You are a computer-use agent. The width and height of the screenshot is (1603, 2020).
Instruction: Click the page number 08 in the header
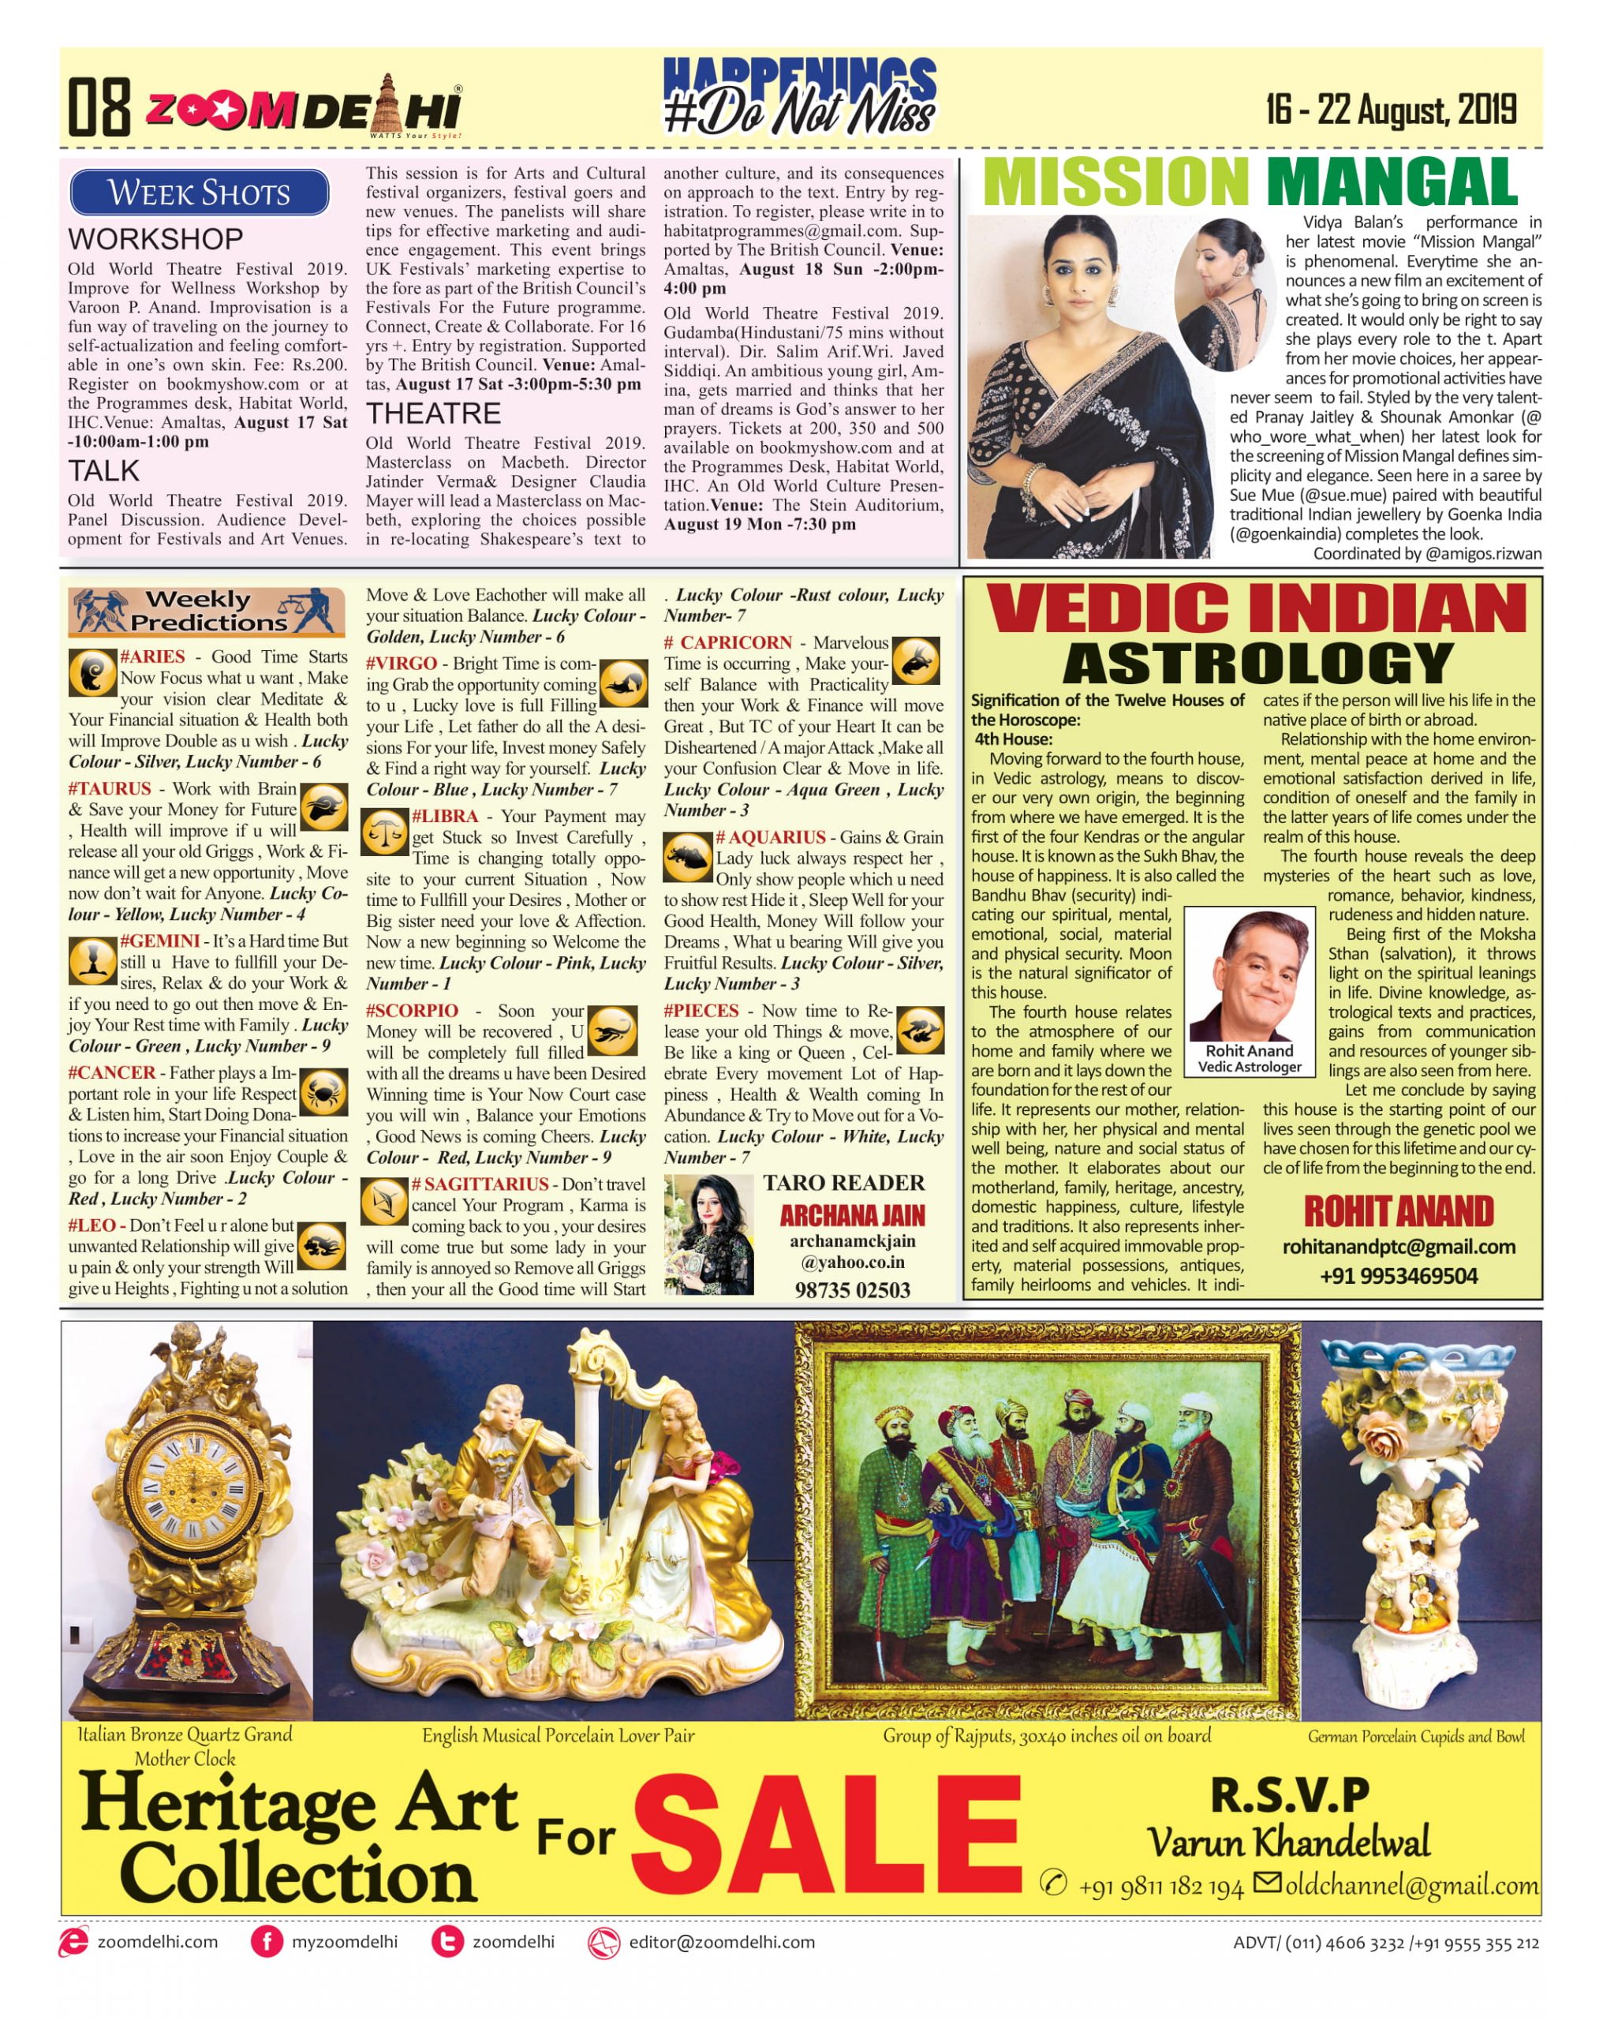(99, 108)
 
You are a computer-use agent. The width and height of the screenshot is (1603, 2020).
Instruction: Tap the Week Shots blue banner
(199, 193)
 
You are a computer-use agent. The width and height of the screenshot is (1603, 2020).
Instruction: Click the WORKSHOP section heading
(155, 239)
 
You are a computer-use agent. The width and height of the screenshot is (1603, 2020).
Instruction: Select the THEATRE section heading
(433, 413)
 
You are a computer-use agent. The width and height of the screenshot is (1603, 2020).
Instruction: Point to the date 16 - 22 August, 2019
(1390, 110)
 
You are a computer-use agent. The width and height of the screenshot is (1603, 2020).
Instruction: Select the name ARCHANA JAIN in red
(852, 1215)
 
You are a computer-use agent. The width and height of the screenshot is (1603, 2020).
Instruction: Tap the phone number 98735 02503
(852, 1290)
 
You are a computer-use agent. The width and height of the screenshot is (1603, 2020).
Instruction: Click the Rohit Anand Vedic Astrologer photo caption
(1249, 1059)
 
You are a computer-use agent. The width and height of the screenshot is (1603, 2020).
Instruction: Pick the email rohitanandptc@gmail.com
(1398, 1247)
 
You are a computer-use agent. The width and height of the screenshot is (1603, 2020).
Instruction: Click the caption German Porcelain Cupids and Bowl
(1414, 1736)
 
